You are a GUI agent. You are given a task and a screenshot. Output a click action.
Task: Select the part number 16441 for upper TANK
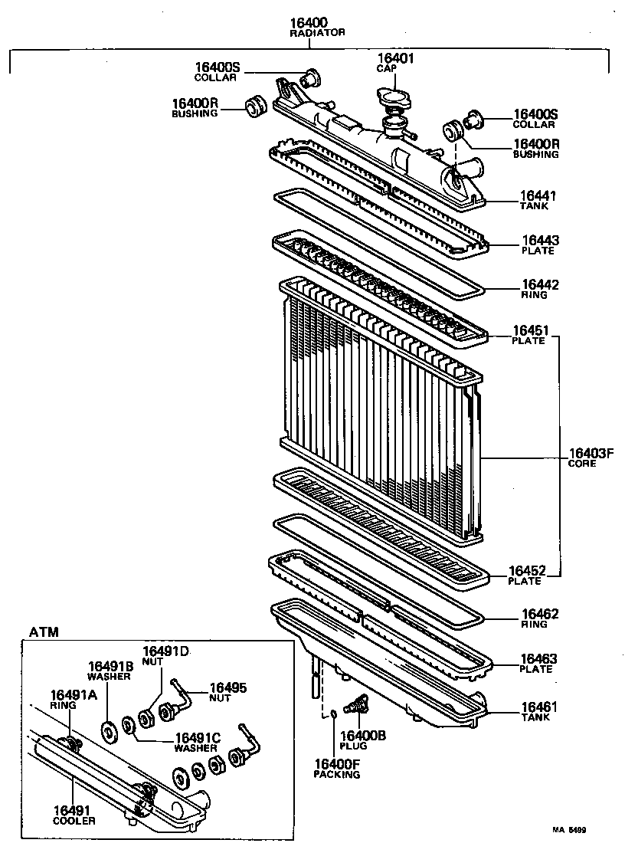tap(539, 196)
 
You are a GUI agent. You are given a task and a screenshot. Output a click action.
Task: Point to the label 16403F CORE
tap(591, 458)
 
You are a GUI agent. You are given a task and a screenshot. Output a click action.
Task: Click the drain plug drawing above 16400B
tap(357, 703)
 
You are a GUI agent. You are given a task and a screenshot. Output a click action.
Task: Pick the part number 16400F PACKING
tap(336, 763)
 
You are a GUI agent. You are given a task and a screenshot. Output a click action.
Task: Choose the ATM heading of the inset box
tap(44, 631)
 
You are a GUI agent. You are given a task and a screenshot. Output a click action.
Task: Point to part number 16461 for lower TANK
tap(539, 707)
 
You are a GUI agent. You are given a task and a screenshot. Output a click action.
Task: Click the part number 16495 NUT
tap(228, 687)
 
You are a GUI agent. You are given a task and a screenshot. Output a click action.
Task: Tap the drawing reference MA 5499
tap(574, 829)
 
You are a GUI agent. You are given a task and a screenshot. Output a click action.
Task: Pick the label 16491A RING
tap(74, 698)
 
